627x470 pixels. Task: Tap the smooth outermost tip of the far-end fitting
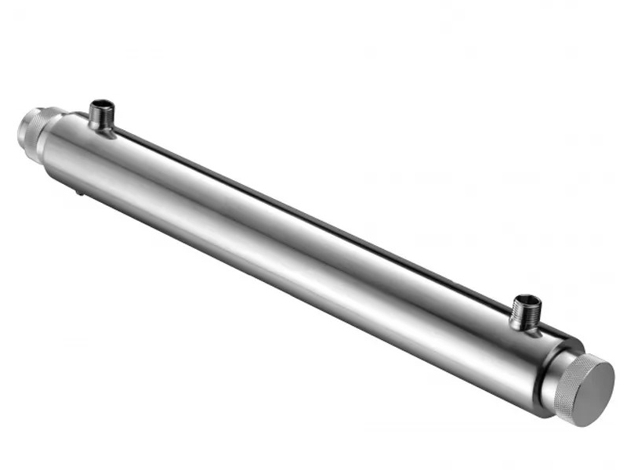pos(22,128)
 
